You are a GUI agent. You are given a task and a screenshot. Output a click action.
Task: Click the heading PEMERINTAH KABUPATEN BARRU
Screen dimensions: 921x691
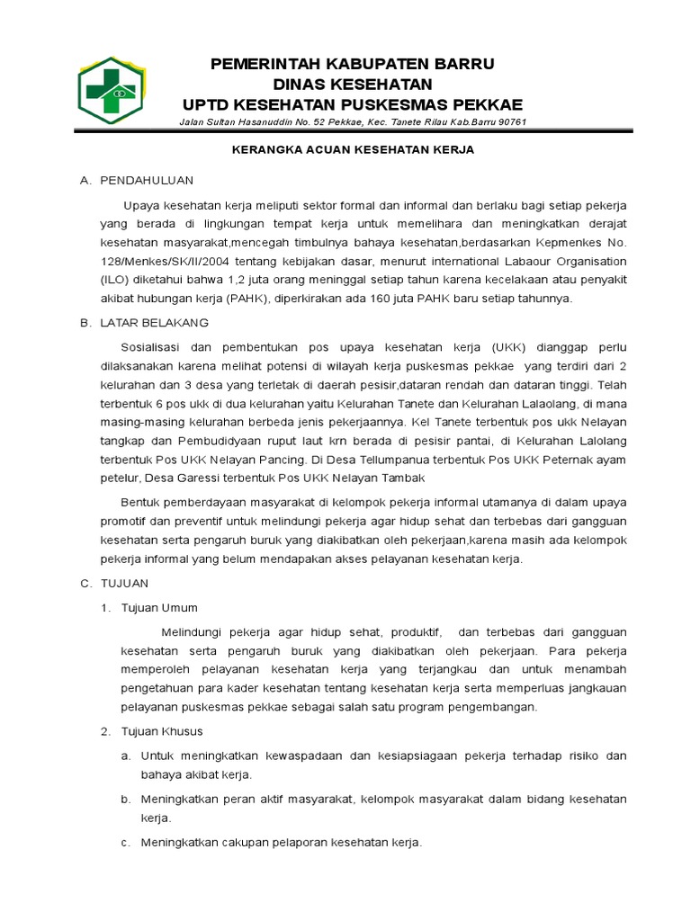point(352,64)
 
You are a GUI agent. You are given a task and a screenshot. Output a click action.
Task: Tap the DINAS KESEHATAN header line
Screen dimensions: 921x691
point(352,84)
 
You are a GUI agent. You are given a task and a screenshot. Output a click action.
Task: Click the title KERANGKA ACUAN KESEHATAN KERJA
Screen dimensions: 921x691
point(352,150)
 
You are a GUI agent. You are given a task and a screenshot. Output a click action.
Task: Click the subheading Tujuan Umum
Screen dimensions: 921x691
point(161,608)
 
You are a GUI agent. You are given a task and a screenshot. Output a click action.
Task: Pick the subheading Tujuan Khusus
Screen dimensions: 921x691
point(165,730)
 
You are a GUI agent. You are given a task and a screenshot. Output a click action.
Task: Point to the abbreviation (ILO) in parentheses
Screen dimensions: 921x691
point(115,280)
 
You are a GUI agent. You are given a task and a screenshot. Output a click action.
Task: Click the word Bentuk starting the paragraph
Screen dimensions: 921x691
point(140,502)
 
